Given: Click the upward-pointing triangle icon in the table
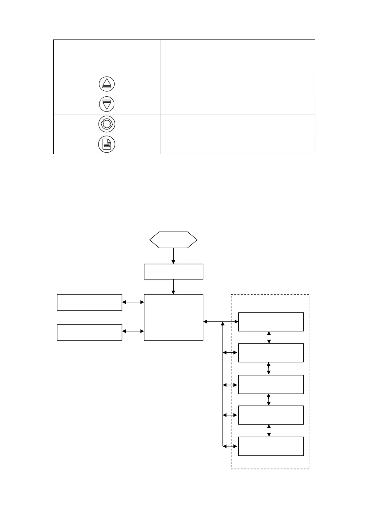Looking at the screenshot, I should click(107, 84).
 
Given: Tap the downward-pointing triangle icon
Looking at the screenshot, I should click(107, 104).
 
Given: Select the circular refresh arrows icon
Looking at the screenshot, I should click(107, 124).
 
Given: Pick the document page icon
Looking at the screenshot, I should click(107, 144).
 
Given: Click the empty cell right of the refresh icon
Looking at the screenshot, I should click(237, 124).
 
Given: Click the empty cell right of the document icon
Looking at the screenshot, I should click(237, 144).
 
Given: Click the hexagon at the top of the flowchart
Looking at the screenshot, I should click(173, 240).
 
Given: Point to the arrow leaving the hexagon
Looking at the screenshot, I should click(173, 256).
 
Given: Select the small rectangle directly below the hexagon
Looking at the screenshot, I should click(173, 272).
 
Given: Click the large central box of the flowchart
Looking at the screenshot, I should click(173, 317).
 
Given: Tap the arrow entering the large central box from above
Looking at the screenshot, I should click(173, 287).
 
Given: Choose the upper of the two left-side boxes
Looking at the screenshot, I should click(89, 302).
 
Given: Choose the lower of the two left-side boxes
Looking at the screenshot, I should click(89, 332).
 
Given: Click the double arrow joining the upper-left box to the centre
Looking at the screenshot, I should click(133, 302).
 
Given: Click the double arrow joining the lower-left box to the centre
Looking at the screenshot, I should click(133, 331).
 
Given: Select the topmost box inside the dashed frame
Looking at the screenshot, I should click(271, 322).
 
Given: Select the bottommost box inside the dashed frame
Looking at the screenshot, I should click(271, 446).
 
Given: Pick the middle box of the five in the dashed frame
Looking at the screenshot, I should click(271, 384).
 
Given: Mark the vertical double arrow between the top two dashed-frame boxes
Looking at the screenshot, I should click(269, 337).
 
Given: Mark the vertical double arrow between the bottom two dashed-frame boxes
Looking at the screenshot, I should click(269, 431).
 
